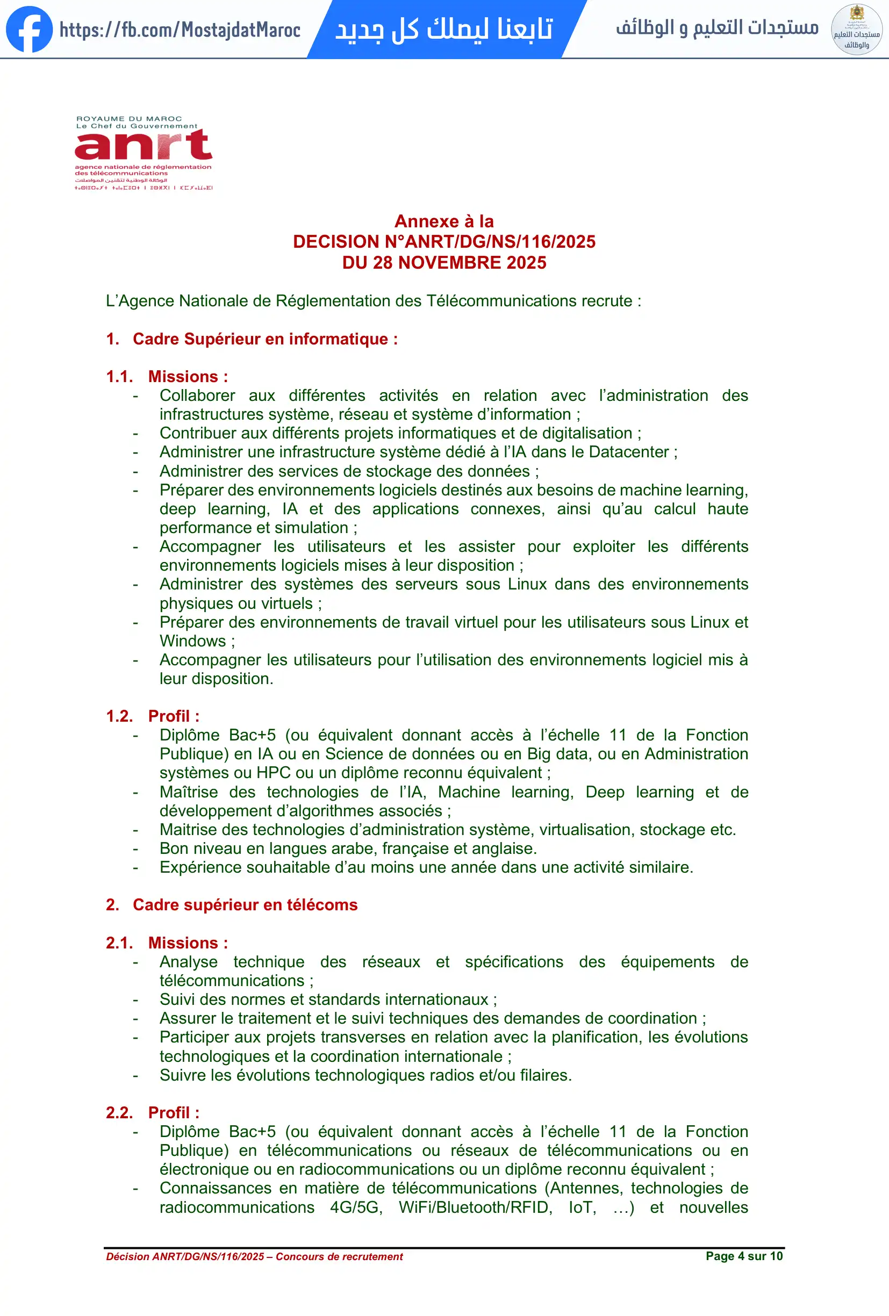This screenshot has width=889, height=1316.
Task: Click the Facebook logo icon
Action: [29, 30]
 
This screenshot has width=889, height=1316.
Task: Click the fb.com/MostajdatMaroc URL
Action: [180, 30]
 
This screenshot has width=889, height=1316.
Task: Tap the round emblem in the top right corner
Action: [856, 30]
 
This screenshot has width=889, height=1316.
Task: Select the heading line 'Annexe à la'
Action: [444, 221]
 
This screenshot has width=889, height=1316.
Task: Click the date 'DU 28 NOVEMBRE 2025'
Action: [444, 263]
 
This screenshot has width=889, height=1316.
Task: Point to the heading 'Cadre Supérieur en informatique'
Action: [265, 339]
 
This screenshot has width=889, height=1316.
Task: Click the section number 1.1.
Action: [119, 377]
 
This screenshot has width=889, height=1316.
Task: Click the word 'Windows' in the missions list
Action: [192, 641]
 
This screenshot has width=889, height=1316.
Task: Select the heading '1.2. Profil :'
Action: [153, 716]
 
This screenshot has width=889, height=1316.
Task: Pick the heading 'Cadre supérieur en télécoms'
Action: [245, 905]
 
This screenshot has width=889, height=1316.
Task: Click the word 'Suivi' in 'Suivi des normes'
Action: [177, 999]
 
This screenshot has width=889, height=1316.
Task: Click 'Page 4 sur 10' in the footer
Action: [743, 1256]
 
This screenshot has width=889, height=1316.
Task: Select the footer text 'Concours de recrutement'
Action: [339, 1256]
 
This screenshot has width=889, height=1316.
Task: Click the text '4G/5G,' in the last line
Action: [356, 1207]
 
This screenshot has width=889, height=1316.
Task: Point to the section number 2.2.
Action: [119, 1113]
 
